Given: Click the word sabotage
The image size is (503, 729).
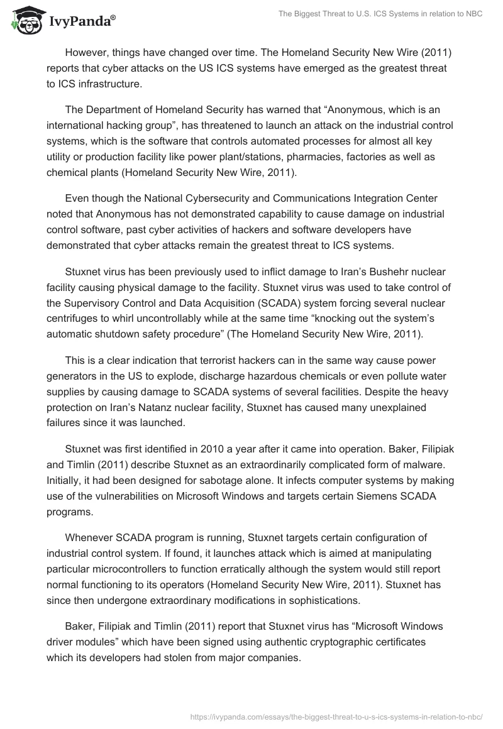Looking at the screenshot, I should point(230,481).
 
